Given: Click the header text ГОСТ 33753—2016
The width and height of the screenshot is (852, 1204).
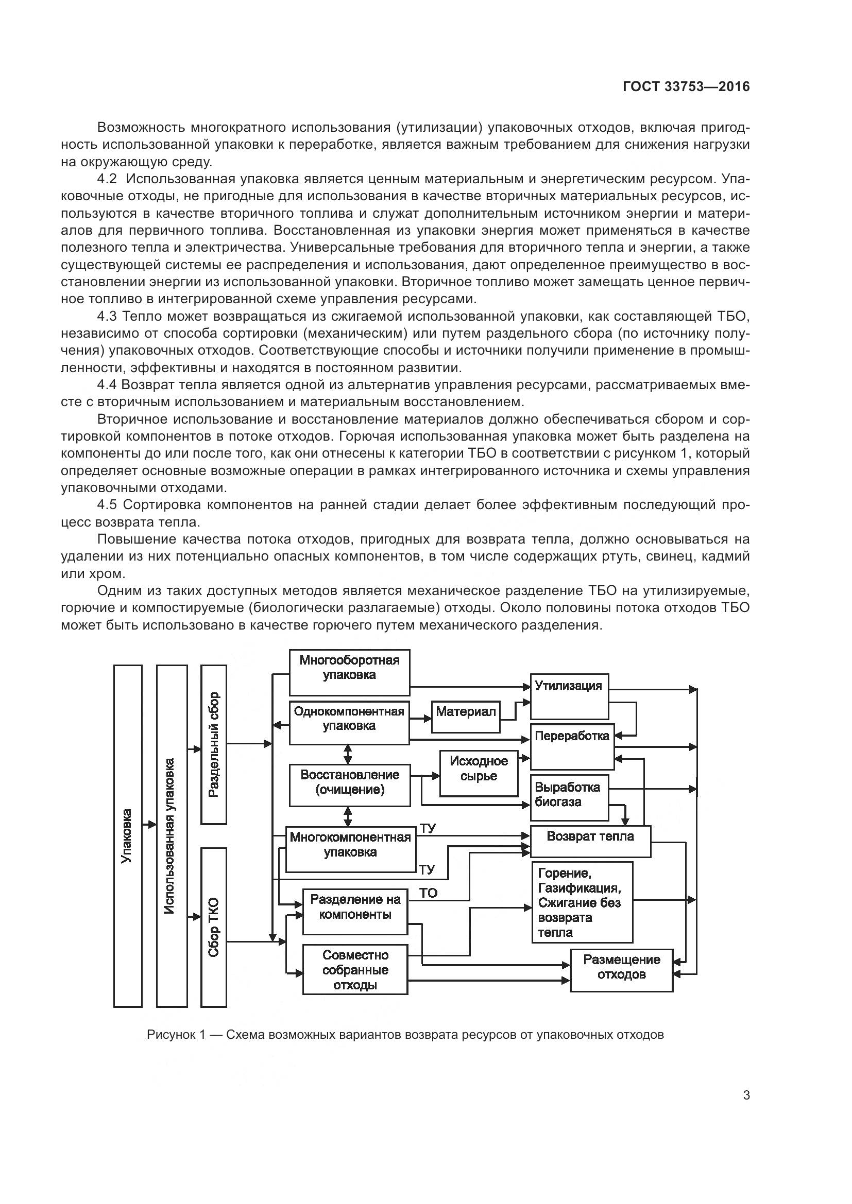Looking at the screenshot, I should [686, 87].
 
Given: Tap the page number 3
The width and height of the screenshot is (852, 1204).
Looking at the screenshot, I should [746, 1095].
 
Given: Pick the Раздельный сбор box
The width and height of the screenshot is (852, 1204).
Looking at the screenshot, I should [214, 745].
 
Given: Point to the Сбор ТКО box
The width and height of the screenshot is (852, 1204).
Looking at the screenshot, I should [214, 927].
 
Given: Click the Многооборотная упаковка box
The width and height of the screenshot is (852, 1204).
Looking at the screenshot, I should [349, 673].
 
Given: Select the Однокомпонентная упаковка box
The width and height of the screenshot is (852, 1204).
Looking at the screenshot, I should [349, 723].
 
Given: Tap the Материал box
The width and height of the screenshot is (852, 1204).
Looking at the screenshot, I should [466, 717].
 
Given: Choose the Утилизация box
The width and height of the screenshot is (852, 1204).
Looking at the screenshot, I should [569, 696].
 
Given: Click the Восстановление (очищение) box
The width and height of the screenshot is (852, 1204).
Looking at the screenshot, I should [350, 785].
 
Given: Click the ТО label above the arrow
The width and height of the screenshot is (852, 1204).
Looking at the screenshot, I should [429, 893].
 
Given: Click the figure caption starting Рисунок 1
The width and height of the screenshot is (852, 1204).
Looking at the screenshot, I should [405, 1035].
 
